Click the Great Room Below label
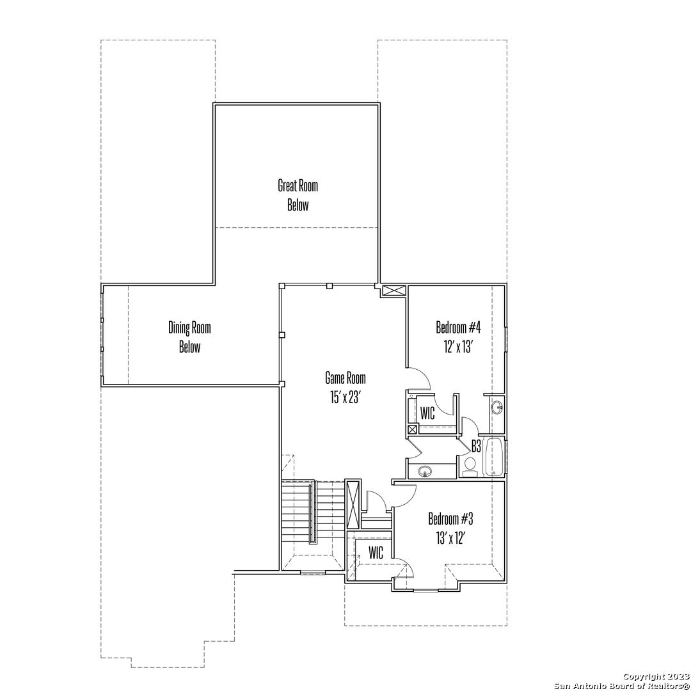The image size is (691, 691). pos(298,195)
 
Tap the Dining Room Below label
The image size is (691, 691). pos(189,337)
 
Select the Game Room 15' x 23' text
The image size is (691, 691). pos(345,388)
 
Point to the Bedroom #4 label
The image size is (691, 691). pos(458,328)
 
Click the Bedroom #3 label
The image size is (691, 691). pos(450,519)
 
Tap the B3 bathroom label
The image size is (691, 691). pos(476,447)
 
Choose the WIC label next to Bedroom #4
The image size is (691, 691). pos(427,413)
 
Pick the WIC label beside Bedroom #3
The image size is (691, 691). pos(376,553)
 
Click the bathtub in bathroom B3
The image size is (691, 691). pos(495,457)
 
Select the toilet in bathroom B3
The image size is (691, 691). pos(470,467)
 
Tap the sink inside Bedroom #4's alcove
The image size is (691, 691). pos(498,407)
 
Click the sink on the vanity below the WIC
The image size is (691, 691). pos(425,471)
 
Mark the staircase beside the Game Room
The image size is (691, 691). pos(312,512)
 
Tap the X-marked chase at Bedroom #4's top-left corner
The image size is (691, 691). pos(393,291)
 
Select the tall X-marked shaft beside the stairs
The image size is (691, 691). pos(353,505)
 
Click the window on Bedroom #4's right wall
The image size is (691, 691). pos(506,339)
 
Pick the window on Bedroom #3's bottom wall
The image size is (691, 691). pos(425,590)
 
